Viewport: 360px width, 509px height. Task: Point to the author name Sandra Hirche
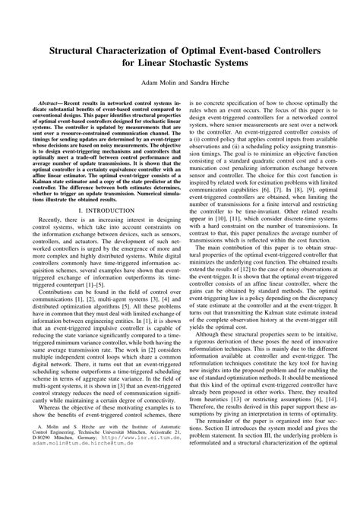(x=210, y=87)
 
